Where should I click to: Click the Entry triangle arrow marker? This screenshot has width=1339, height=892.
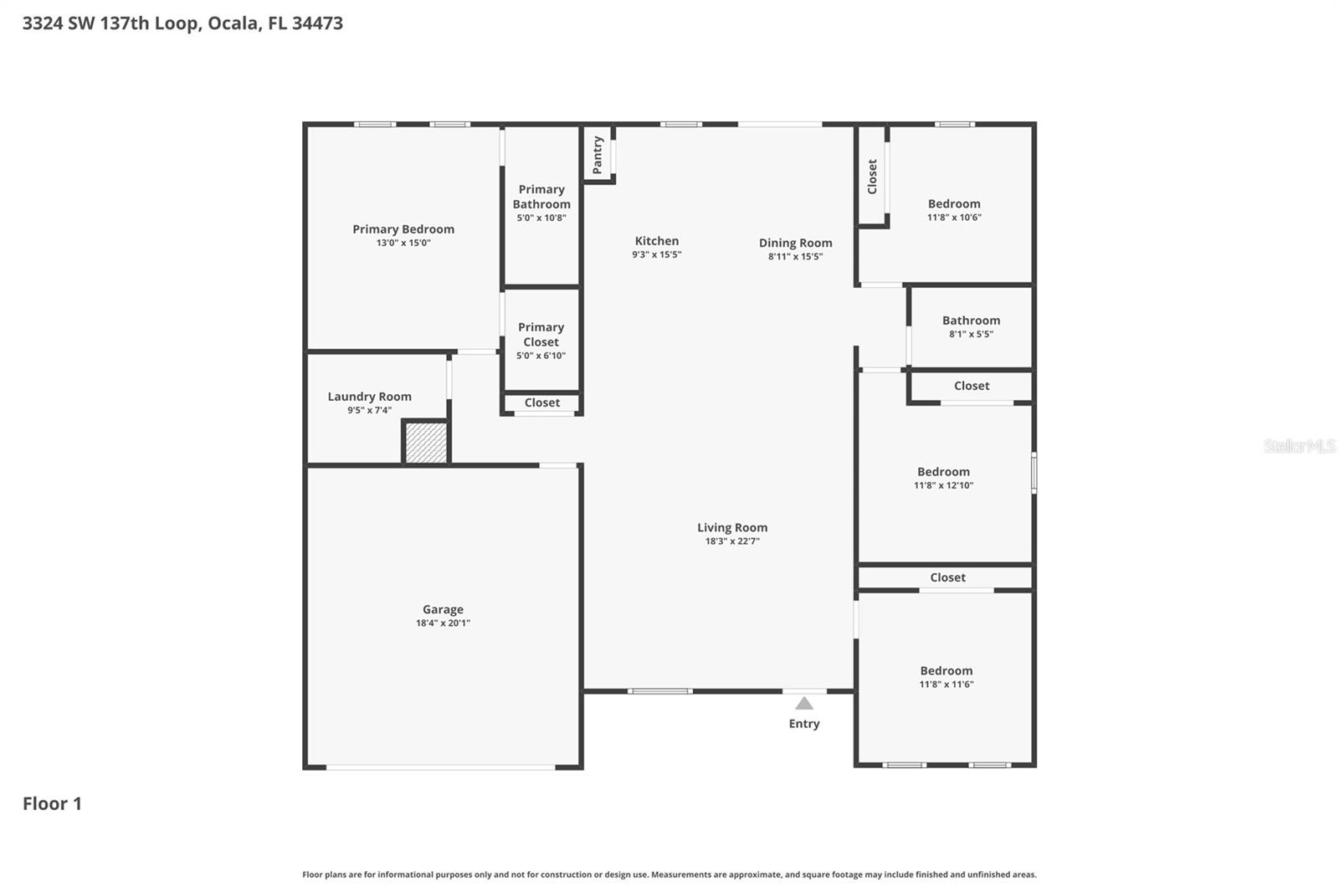coord(804,704)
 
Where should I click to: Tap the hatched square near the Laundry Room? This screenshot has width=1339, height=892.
coord(426,443)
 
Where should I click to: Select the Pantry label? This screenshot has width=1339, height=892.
coord(598,156)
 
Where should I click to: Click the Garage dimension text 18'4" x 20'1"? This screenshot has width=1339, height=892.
coord(443,623)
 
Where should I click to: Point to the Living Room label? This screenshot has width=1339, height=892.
coord(732,527)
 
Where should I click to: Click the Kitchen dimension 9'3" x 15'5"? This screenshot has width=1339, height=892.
coord(656,254)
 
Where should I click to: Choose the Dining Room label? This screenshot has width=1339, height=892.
coord(795,243)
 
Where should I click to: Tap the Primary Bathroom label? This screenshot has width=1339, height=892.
coord(541,197)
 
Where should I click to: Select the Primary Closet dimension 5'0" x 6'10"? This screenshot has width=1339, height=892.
coord(541,356)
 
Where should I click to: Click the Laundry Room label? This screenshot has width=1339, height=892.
coord(369,397)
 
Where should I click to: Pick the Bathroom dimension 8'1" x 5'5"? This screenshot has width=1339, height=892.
coord(971,334)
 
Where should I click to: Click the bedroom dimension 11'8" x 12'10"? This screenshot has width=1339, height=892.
coord(943,485)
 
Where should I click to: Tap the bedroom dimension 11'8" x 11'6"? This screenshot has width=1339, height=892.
coord(946,684)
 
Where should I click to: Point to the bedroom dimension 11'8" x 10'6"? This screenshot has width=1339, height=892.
coord(954,218)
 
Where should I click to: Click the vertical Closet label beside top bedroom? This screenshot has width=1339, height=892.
coord(872,177)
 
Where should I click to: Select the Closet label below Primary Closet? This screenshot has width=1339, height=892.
coord(541,402)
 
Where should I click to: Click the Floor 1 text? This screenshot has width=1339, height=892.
coord(52,803)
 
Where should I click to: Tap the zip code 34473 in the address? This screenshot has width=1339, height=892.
coord(317,23)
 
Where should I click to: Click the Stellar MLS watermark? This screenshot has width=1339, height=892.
coord(1299,446)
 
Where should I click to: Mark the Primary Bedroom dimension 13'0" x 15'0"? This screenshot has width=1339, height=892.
coord(403,243)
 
